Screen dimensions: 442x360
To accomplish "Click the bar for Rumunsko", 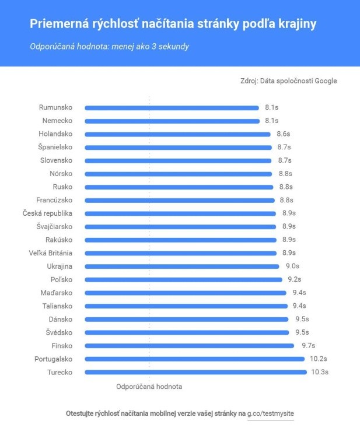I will pos(172,107).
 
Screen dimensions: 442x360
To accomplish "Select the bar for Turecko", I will pos(195,372).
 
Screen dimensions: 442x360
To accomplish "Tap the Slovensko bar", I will pos(178,160).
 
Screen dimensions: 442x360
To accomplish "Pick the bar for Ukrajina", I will pos(181,266).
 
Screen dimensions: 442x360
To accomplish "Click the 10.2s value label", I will pos(319,359).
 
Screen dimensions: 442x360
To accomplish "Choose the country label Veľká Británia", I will pos(51,253).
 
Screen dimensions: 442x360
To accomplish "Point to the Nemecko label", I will pos(57,121).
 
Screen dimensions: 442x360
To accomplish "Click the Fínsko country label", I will pos(61,346).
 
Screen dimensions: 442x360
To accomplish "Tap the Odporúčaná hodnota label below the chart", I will pos(149,386).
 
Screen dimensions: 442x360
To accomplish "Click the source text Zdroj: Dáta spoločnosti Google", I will pos(288,81).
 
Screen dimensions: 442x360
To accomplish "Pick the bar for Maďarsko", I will pos(186,293).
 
